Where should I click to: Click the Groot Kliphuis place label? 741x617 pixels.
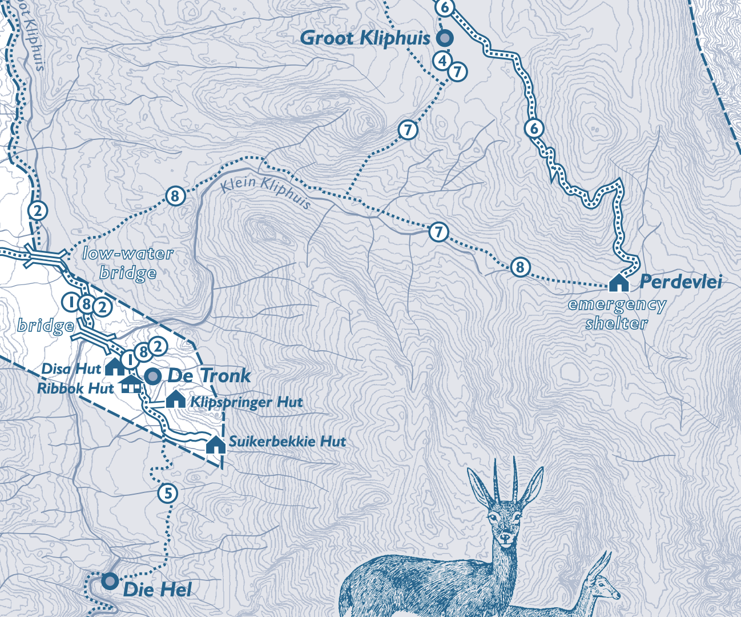point(364,38)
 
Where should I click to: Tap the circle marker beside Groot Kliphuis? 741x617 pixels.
point(445,38)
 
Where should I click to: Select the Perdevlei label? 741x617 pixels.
point(680,282)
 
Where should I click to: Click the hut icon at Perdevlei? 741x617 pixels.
point(619,282)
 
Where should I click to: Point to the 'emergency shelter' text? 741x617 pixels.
point(617,314)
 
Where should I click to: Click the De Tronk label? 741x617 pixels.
point(209,376)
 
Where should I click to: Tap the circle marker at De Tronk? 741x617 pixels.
point(152,376)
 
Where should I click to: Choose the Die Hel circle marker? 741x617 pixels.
point(110,581)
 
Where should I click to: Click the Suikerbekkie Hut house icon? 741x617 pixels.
point(216,444)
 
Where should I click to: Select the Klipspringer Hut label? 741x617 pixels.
point(246,402)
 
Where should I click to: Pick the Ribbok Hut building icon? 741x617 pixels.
point(131,384)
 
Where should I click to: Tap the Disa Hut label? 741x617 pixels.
point(71,369)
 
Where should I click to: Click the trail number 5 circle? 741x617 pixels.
point(167,493)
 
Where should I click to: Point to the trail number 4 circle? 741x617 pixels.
point(442,60)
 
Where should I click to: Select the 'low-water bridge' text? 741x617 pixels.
point(128,263)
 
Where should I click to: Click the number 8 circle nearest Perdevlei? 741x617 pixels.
point(519,267)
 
